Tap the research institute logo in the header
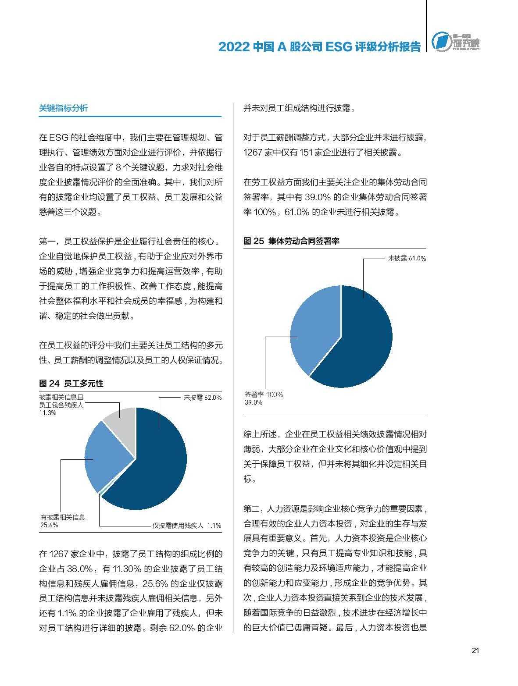[455, 43]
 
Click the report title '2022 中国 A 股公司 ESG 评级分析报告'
[319, 47]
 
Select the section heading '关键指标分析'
[63, 108]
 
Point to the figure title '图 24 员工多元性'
[71, 384]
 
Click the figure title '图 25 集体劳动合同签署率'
[291, 241]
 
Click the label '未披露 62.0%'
[202, 398]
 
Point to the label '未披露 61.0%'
[407, 259]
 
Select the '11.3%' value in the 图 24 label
[47, 413]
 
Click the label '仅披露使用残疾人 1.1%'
[186, 526]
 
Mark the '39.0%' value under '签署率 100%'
[254, 402]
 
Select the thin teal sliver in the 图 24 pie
[102, 493]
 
